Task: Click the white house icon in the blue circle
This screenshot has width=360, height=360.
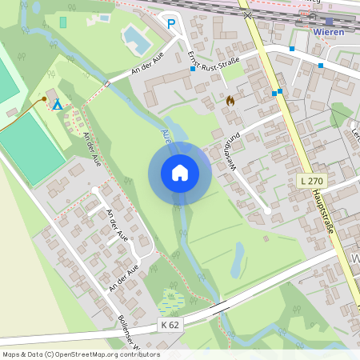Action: tap(179, 173)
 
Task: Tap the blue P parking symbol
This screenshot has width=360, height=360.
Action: tap(170, 24)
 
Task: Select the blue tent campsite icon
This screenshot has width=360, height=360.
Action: tap(57, 105)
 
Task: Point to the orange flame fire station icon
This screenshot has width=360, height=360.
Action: tap(230, 101)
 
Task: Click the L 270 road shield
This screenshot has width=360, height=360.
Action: tap(313, 182)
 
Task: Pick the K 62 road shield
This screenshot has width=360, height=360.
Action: tap(170, 324)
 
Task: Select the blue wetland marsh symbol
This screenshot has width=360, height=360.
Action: tap(171, 300)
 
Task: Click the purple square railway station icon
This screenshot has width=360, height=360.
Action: tap(329, 22)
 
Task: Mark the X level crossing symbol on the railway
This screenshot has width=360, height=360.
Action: tap(249, 14)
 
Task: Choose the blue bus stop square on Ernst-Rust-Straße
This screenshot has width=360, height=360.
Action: tap(193, 70)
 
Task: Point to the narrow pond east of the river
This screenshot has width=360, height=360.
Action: tap(238, 258)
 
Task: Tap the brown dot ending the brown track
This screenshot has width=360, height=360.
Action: tap(44, 99)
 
